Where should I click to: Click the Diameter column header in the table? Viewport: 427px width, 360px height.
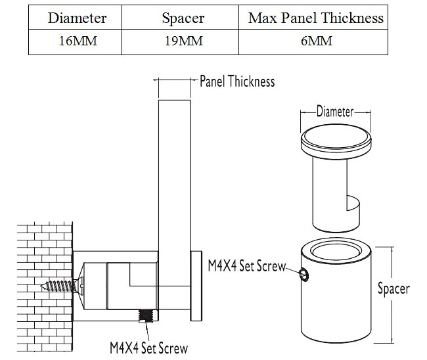77,18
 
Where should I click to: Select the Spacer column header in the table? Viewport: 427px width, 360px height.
183,18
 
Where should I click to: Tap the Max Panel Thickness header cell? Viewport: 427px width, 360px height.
315,18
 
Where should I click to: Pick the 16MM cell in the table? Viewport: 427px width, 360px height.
78,41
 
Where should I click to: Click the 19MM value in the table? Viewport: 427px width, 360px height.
184,41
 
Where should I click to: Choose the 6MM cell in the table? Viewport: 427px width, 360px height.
317,41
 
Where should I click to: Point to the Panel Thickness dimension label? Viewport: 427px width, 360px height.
237,81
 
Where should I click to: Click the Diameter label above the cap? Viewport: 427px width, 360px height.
335,112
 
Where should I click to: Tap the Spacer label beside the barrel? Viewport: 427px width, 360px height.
393,288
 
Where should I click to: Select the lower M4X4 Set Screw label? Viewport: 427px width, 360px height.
148,348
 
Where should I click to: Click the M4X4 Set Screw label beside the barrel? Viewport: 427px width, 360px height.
247,266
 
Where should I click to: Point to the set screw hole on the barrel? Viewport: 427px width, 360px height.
304,274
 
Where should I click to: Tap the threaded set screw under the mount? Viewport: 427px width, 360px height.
146,316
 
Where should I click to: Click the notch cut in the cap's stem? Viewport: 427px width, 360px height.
353,203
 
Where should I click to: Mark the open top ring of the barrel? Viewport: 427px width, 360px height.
336,251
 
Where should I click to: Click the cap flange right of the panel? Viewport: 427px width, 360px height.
196,286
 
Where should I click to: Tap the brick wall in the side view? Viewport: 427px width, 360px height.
45,286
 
